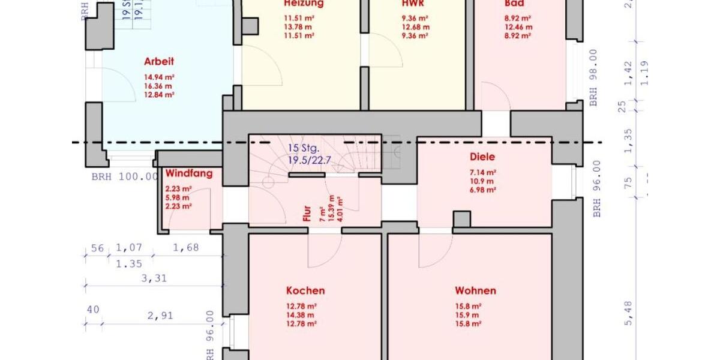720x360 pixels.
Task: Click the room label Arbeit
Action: tap(159, 61)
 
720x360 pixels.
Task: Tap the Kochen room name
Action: tap(305, 290)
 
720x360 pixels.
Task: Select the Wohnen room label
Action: tap(475, 290)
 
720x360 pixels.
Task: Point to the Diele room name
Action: tap(484, 157)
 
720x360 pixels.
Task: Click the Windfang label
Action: tap(189, 173)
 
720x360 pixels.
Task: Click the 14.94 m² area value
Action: tap(158, 77)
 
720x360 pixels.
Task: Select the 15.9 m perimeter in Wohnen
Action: tap(467, 315)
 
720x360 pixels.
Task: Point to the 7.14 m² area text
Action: tap(482, 172)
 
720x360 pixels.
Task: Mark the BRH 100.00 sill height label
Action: tap(125, 177)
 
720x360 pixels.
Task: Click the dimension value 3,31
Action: tap(154, 278)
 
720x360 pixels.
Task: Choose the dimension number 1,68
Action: tap(185, 247)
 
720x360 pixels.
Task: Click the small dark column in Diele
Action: tap(461, 219)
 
